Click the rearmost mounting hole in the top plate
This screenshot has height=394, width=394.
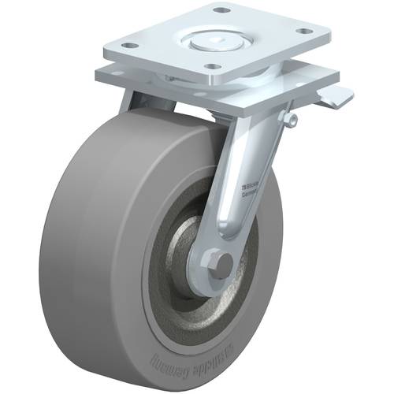coord(221,11)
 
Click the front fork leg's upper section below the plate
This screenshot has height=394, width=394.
coord(248,134)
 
